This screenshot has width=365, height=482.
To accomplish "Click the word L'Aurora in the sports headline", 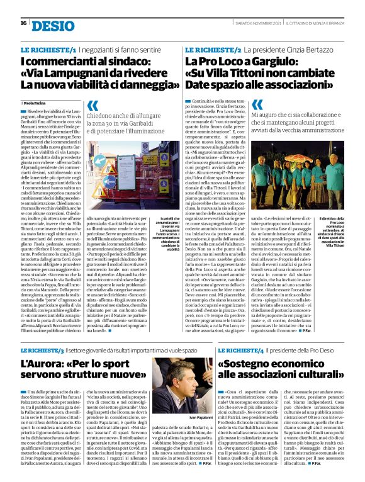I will coord(42,364).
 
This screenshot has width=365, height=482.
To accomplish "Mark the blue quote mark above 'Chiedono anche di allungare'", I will coord(93,107).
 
